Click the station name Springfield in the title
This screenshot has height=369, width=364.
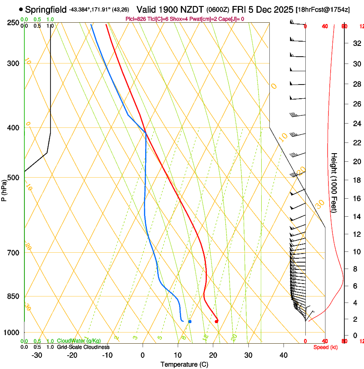(46, 9)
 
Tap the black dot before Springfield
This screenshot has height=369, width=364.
(21, 9)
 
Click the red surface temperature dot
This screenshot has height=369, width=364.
(216, 321)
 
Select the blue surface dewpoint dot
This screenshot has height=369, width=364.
(190, 321)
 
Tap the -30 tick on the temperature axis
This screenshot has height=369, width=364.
(37, 355)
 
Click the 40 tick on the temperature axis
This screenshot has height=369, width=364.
(283, 355)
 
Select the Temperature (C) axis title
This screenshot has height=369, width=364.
(184, 364)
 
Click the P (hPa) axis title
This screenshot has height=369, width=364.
(4, 188)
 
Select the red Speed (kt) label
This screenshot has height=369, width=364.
(325, 347)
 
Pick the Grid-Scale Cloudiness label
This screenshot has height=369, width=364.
(83, 347)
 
